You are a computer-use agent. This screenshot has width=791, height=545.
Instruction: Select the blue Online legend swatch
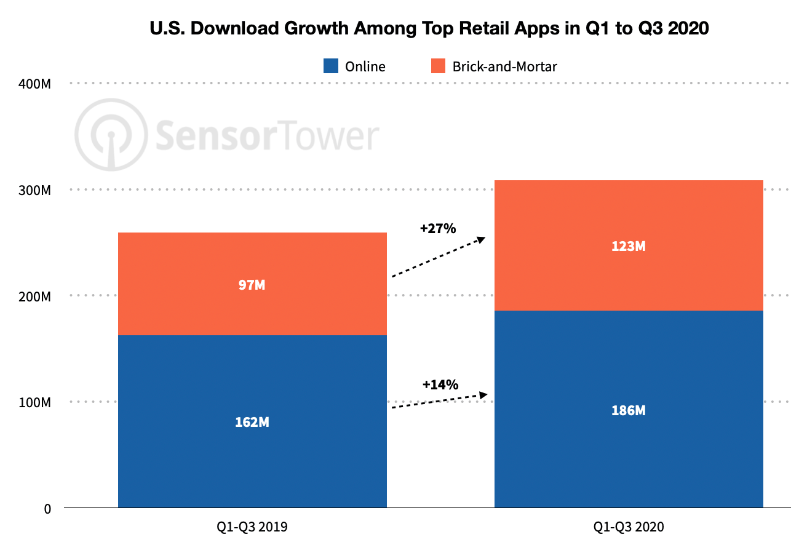click(331, 66)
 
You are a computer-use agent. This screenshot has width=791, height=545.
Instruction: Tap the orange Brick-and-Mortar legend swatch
click(437, 66)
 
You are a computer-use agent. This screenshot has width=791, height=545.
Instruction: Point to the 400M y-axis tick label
click(34, 84)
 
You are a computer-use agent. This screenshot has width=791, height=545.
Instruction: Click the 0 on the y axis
click(47, 509)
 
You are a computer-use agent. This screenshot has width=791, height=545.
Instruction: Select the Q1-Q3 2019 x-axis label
click(252, 527)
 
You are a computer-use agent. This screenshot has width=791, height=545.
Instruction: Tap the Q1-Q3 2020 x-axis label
click(629, 527)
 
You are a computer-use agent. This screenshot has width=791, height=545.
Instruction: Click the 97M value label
click(252, 285)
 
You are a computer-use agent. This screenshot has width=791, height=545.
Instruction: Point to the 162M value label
click(252, 423)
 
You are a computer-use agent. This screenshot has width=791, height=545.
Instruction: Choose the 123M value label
click(629, 246)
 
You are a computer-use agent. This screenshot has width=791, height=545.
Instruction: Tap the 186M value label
click(629, 410)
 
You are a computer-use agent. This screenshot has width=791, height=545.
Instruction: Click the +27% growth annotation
click(438, 229)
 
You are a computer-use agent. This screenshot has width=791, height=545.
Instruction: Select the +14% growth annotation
click(440, 385)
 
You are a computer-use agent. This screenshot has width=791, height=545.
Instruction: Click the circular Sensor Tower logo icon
click(111, 134)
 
